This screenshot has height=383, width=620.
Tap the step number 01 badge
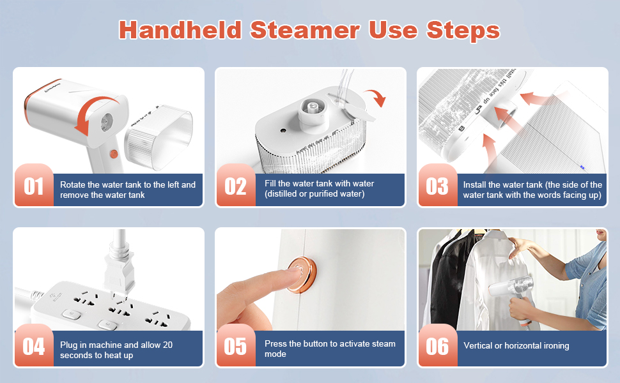[x=33, y=186]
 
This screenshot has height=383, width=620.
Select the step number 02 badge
[x=235, y=186]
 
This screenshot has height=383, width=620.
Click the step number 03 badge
[x=437, y=186]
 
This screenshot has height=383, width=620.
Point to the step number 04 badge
[x=33, y=346]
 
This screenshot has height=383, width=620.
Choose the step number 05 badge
[x=235, y=346]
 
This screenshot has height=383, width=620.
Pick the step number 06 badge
[x=437, y=346]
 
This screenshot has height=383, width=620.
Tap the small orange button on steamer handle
[x=114, y=154]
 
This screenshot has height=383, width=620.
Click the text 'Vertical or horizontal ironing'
[x=516, y=346]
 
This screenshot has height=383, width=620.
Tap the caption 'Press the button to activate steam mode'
[x=330, y=349]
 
